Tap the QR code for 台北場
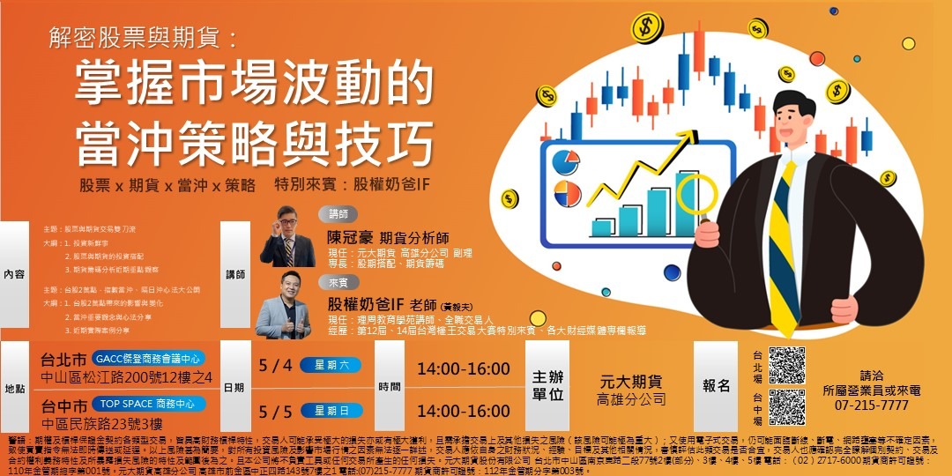(x=786, y=365)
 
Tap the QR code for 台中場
(x=786, y=406)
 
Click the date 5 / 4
(x=275, y=365)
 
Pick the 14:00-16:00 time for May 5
(x=463, y=412)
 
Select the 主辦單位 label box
(x=547, y=385)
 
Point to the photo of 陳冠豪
(x=287, y=236)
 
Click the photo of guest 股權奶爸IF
(x=283, y=306)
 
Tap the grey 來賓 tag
(x=338, y=283)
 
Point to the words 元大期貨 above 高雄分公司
(x=630, y=383)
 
